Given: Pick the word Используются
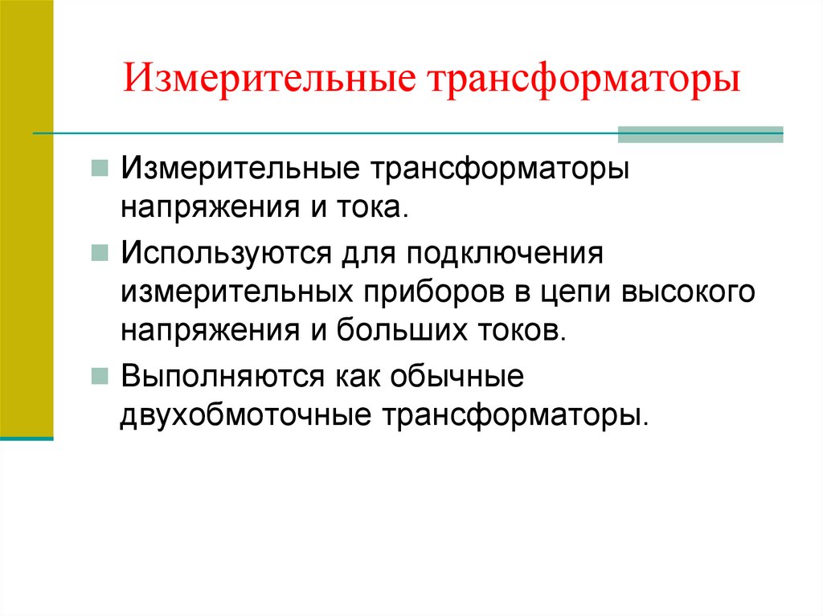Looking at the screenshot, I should (226, 253).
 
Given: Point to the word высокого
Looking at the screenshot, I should (687, 293).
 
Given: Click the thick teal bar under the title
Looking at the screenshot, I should (699, 134).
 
